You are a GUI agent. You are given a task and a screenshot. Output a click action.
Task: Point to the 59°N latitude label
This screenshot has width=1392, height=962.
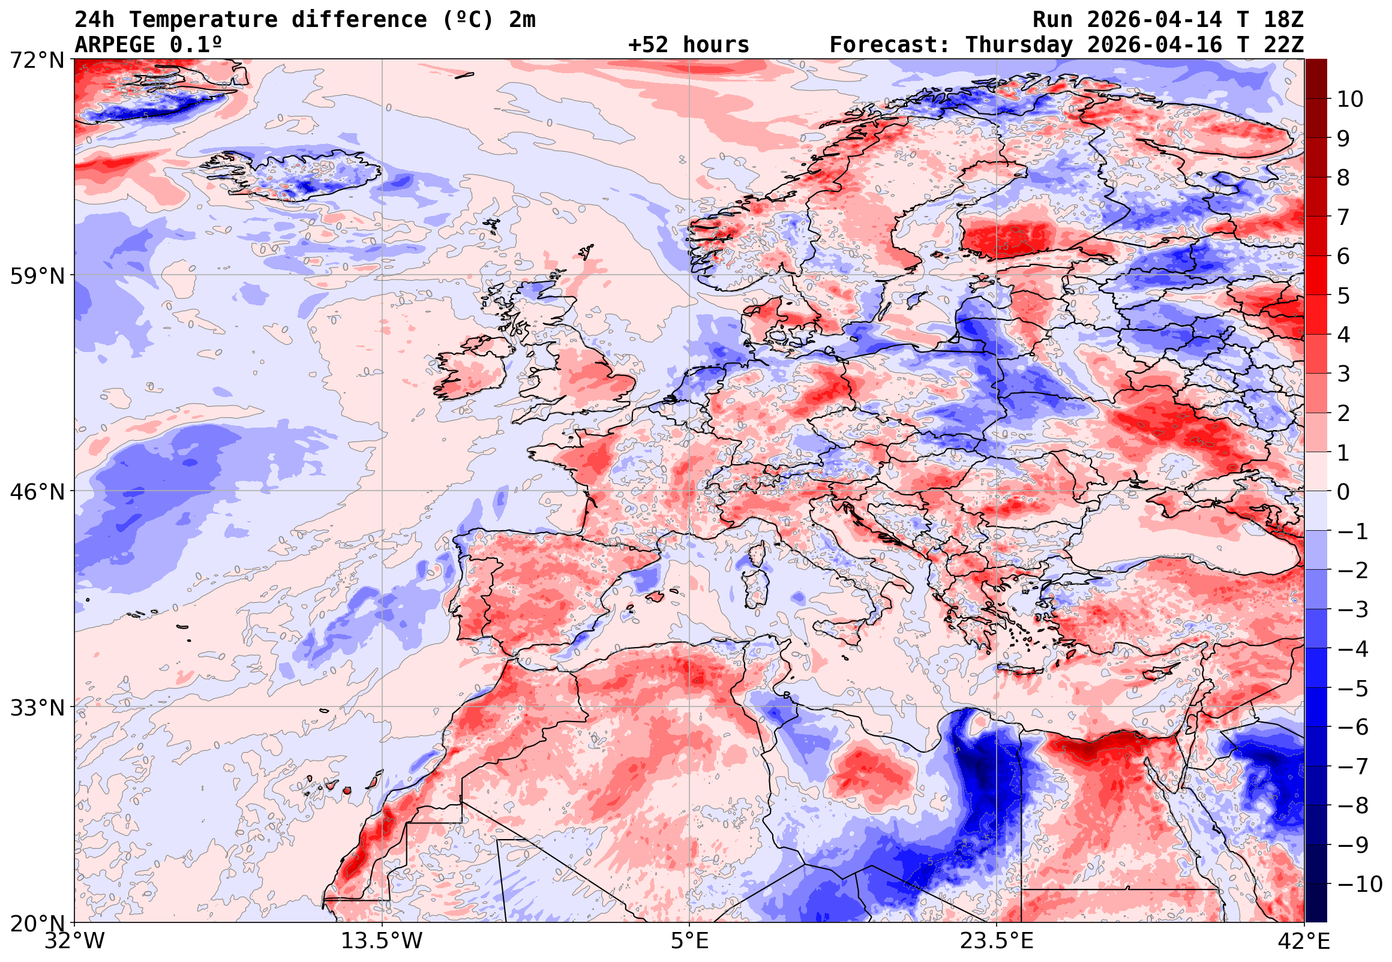(37, 276)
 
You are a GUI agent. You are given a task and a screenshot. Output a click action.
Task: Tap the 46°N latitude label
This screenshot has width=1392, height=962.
(37, 492)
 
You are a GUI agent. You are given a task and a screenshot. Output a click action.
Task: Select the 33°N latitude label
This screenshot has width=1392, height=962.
(37, 708)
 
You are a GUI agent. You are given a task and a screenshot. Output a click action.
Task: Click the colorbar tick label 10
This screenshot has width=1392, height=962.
(1351, 100)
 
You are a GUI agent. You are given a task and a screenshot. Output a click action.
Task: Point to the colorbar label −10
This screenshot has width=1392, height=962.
(1360, 885)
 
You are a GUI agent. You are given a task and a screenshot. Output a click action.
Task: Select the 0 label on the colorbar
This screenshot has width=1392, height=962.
(1344, 492)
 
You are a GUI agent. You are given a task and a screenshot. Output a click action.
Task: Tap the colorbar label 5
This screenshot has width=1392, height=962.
(1344, 296)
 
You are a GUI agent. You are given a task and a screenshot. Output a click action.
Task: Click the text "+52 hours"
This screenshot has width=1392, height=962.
(688, 45)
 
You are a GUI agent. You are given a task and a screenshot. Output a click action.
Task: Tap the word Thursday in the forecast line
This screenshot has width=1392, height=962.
(1019, 45)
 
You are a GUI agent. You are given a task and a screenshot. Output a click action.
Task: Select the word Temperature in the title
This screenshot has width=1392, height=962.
(203, 20)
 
